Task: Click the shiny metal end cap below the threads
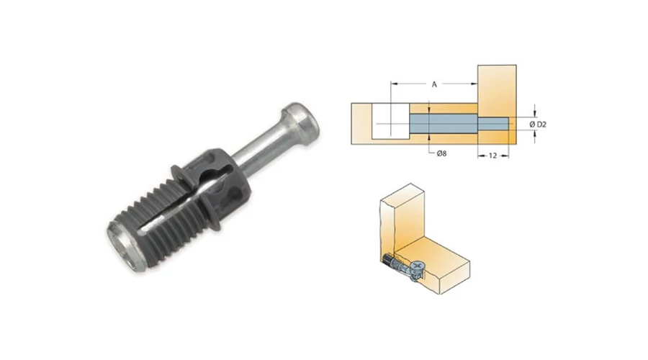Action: pyautogui.click(x=123, y=247)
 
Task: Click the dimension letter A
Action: pyautogui.click(x=434, y=85)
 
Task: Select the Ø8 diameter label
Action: pyautogui.click(x=441, y=154)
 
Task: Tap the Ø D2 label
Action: pyautogui.click(x=538, y=124)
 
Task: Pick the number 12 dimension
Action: pyautogui.click(x=492, y=156)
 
